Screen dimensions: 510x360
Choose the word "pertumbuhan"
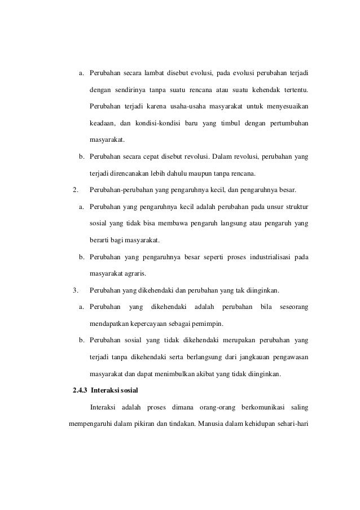point(285,123)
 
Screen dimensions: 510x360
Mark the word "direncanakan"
point(135,173)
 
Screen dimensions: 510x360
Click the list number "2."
point(71,190)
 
